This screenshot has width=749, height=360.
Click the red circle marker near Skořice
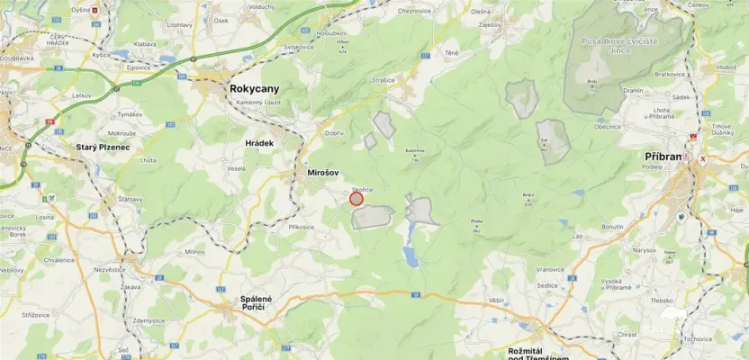point(356,199)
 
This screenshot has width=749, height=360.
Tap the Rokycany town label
point(255,89)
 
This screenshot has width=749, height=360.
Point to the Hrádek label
point(260,142)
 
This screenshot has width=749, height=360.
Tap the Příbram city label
point(666,157)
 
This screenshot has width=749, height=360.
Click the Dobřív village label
point(334,132)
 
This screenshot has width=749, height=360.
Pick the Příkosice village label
point(302,227)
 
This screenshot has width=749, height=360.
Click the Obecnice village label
point(609,127)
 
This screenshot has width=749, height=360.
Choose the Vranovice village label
point(550,268)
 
